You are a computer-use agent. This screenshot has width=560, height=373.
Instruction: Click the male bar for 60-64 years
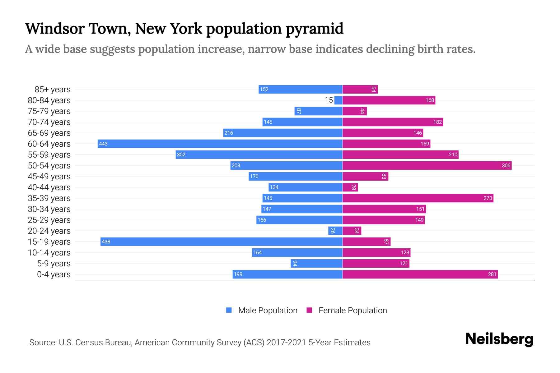pos(220,144)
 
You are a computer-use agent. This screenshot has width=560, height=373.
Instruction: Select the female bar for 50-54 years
pos(427,165)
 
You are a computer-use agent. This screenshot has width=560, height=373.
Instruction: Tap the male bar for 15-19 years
pos(221,242)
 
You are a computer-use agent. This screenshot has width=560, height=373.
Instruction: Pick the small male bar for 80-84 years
pos(338,100)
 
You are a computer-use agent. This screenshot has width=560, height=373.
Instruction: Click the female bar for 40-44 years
pos(350,187)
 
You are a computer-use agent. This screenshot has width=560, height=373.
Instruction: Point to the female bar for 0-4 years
pos(420,274)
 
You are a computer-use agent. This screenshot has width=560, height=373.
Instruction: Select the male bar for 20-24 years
pos(335,231)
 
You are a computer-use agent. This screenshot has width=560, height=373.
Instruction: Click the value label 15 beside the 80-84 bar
pos(329,100)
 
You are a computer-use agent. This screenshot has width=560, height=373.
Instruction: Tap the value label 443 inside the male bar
pos(103,144)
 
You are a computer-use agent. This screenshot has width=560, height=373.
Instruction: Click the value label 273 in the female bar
pos(488,198)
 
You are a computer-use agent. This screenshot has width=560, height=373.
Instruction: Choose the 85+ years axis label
pos(53,90)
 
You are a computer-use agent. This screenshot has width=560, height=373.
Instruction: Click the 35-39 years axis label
pos(49,198)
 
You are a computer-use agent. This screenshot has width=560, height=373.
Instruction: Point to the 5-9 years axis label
pos(54,264)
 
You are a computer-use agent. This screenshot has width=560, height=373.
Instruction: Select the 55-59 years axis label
pos(49,155)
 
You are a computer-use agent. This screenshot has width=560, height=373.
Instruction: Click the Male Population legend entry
pos(268,310)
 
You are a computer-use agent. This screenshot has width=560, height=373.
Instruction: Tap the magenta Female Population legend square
pos(309,310)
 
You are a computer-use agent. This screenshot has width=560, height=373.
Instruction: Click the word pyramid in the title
pos(315,29)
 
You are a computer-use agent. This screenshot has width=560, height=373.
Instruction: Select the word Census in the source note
pos(88,343)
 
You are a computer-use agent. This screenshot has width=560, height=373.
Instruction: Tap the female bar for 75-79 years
pos(355,111)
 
